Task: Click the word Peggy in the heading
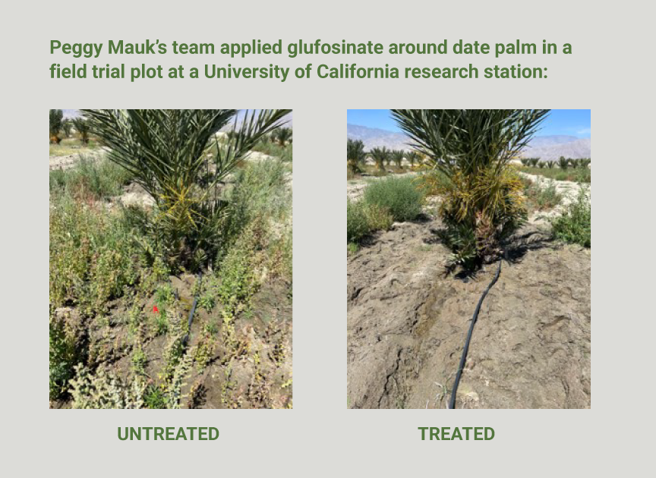pos(76,48)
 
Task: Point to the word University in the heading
pos(247,72)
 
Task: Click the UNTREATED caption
pos(169,434)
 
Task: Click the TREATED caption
pos(456,434)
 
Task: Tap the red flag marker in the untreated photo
pos(156,310)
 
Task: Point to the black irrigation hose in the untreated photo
pos(191,310)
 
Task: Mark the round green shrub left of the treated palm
pos(393,198)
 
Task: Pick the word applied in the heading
pos(251,48)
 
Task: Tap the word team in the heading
pos(194,47)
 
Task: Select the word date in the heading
pos(471,47)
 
